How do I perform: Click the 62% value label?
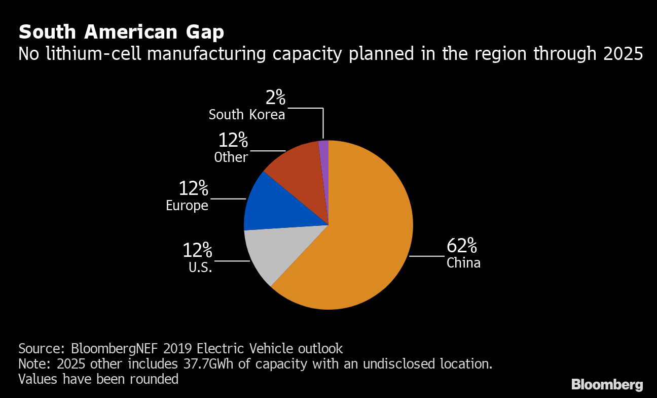pyautogui.click(x=461, y=246)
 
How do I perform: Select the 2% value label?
pyautogui.click(x=275, y=97)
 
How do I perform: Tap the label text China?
pyautogui.click(x=463, y=263)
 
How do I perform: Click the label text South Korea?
pyautogui.click(x=247, y=115)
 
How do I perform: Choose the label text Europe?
pyautogui.click(x=187, y=206)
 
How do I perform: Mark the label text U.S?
pyautogui.click(x=200, y=267)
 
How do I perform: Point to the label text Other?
pyautogui.click(x=231, y=157)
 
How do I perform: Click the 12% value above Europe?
pyautogui.click(x=193, y=189)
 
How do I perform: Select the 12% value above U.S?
pyautogui.click(x=197, y=250)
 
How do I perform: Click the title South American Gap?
pyautogui.click(x=121, y=32)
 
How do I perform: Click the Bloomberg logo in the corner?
pyautogui.click(x=607, y=384)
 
